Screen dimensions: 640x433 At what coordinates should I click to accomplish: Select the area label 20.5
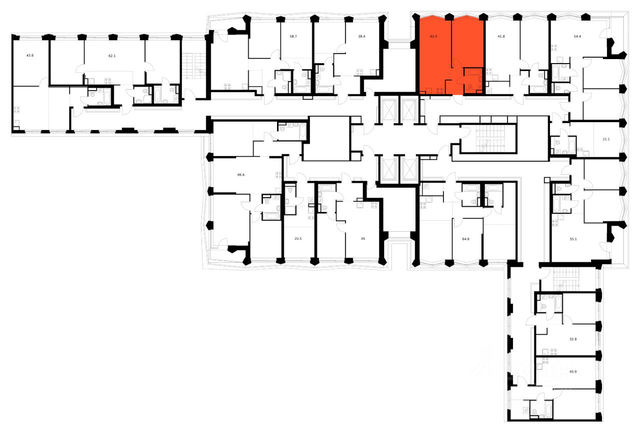pyautogui.click(x=298, y=239)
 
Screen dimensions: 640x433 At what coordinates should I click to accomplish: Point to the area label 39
pyautogui.click(x=363, y=239)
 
